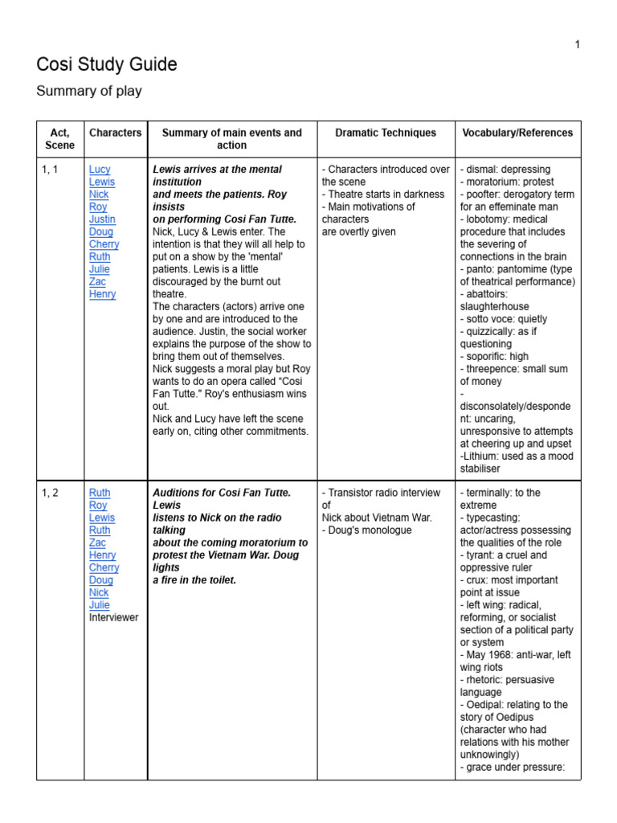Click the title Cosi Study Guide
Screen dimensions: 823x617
(x=107, y=64)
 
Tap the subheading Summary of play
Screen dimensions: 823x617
(x=89, y=91)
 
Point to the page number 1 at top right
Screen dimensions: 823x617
(x=577, y=44)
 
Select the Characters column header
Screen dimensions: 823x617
(x=115, y=133)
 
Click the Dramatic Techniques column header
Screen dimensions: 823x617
(x=386, y=133)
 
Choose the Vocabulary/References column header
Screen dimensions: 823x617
(x=517, y=133)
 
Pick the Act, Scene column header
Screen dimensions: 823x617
(x=60, y=139)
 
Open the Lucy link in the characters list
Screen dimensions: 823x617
(x=100, y=170)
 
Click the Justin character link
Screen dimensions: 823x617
(x=102, y=219)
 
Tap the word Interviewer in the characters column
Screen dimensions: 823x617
(x=113, y=617)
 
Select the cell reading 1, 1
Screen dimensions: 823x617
(x=49, y=170)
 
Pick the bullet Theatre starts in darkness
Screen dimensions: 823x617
(x=385, y=194)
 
